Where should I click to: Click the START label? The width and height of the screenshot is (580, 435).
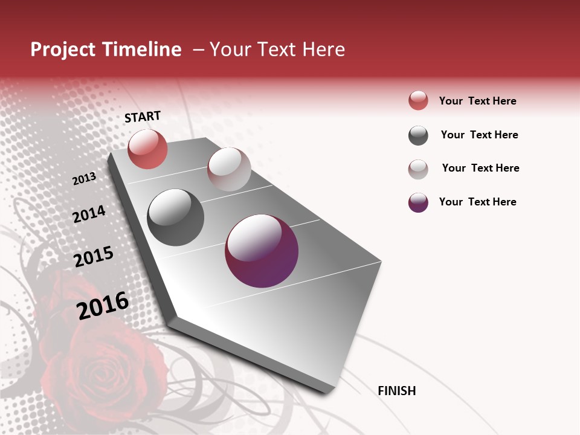pyautogui.click(x=143, y=117)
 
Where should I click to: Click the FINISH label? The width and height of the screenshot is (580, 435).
pyautogui.click(x=397, y=391)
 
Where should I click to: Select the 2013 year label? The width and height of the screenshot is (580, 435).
pyautogui.click(x=85, y=179)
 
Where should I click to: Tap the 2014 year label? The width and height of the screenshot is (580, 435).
pyautogui.click(x=89, y=214)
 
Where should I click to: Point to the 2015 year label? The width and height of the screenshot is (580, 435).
pyautogui.click(x=94, y=257)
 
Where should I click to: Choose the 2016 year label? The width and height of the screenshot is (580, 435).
pyautogui.click(x=103, y=306)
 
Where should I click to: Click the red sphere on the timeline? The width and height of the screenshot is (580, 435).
pyautogui.click(x=147, y=149)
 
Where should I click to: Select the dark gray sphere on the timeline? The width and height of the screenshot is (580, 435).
pyautogui.click(x=176, y=217)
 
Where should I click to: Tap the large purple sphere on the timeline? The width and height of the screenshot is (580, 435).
pyautogui.click(x=262, y=251)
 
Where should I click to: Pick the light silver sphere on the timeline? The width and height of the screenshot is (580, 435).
pyautogui.click(x=229, y=169)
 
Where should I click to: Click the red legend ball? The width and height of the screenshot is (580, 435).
pyautogui.click(x=418, y=101)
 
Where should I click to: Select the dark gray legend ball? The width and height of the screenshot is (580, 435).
pyautogui.click(x=418, y=135)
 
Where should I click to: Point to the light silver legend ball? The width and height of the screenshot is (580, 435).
pyautogui.click(x=418, y=169)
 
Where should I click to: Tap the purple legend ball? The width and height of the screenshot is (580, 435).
pyautogui.click(x=418, y=202)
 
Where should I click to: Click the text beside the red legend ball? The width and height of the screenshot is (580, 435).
pyautogui.click(x=478, y=101)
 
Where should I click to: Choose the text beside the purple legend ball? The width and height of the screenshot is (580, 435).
pyautogui.click(x=478, y=202)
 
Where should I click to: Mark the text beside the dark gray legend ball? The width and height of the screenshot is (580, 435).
pyautogui.click(x=480, y=135)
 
